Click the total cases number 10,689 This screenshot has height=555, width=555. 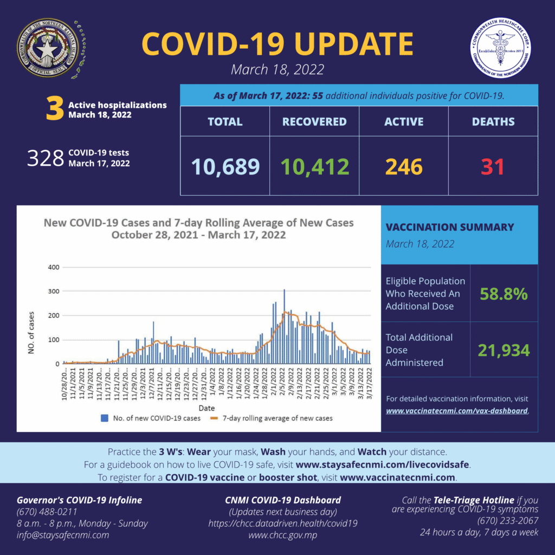pos(225,166)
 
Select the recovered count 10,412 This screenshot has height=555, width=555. pos(314,166)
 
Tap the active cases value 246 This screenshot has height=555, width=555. pos(404,166)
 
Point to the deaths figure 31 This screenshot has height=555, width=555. pos(493,166)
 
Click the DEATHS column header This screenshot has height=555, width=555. pos(493,121)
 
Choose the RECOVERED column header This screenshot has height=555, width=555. pos(314,121)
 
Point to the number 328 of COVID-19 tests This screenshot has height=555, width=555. pos(46,159)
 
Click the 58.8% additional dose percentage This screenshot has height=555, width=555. pos(503,294)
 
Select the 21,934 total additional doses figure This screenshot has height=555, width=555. pos(503,350)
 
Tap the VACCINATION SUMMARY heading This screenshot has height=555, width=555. pos(449,227)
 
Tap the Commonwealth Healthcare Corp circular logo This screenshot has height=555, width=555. pos(501,48)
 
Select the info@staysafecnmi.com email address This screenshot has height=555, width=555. pos(63,535)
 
